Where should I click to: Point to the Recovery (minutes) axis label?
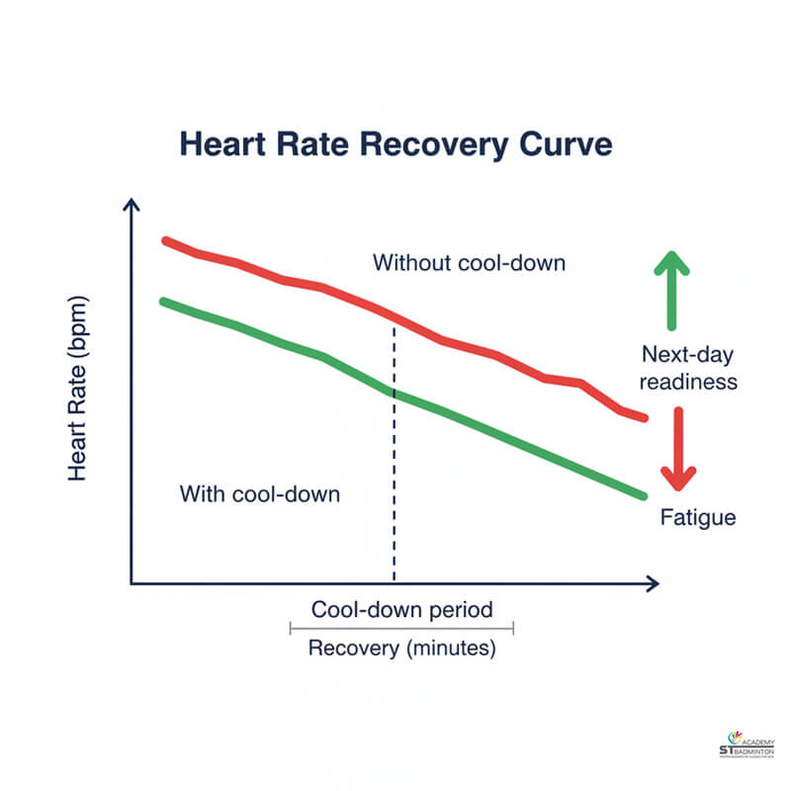click(x=402, y=650)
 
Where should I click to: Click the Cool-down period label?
click(x=402, y=609)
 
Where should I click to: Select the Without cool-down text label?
click(x=469, y=263)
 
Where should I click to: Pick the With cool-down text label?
click(x=259, y=493)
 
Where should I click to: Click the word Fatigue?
click(x=698, y=517)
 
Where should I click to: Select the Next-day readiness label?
click(x=689, y=368)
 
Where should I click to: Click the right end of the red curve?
click(x=645, y=418)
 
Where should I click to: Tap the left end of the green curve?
click(x=163, y=301)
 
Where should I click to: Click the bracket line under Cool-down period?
click(x=401, y=628)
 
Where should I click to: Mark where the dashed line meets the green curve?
click(x=394, y=394)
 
